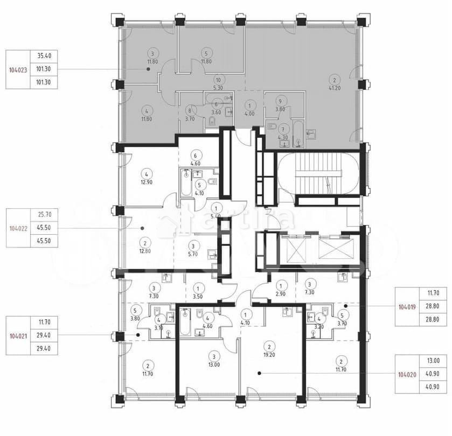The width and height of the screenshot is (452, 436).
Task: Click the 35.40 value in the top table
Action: (x=47, y=55)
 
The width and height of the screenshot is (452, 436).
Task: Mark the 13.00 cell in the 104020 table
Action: (x=433, y=361)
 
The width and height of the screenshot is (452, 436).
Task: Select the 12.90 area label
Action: (x=145, y=183)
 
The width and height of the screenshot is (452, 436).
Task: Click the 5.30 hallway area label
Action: (x=218, y=88)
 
